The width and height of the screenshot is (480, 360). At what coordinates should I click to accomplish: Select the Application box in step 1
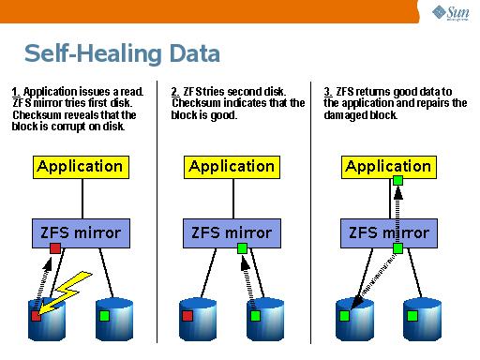click(80, 167)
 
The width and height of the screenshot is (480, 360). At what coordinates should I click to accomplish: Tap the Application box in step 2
click(232, 167)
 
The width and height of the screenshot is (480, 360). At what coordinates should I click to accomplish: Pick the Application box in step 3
click(387, 167)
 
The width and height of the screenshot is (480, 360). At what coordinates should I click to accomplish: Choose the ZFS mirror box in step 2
click(232, 231)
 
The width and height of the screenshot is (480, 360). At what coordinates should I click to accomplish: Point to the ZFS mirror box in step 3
click(387, 231)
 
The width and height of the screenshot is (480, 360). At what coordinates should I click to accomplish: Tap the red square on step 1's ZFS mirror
click(55, 248)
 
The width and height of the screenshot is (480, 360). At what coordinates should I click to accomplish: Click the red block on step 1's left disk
click(36, 316)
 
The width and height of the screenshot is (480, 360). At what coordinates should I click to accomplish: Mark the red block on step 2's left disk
click(188, 316)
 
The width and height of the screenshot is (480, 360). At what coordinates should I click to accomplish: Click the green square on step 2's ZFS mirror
click(242, 248)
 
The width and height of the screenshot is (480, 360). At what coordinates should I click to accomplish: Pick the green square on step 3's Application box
click(397, 180)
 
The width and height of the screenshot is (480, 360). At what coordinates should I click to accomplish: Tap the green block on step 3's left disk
click(344, 316)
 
